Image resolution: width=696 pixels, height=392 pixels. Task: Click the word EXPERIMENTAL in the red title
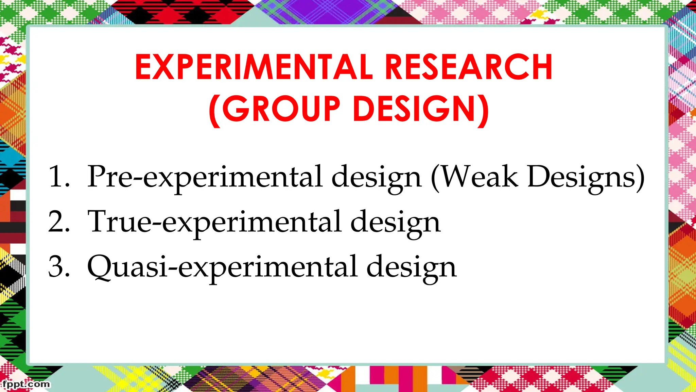[x=254, y=67]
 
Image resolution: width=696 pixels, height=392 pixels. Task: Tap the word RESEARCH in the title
[x=469, y=67]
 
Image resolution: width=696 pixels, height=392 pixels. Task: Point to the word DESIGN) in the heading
[x=421, y=109]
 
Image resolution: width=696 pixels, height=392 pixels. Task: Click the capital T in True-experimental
[x=98, y=221]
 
